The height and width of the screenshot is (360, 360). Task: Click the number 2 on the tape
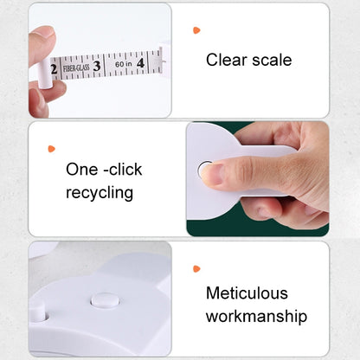pos(54,69)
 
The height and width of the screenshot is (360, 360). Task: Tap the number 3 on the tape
pos(97,66)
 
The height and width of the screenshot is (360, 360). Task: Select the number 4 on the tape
pos(140,63)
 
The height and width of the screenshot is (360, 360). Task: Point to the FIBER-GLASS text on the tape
pos(76,68)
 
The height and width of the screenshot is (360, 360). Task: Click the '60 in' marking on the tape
pos(124,64)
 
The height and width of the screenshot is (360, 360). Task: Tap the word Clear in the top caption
pos(227,60)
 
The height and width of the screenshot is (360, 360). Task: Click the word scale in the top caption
pos(272,60)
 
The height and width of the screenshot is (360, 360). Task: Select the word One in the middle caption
pos(81,170)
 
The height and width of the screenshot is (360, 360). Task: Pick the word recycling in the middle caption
pos(100,193)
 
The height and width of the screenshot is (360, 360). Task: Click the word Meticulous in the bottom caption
pos(247,293)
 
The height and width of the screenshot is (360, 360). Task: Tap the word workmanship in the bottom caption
pos(256,317)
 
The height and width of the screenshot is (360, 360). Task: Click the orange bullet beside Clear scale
pos(196,30)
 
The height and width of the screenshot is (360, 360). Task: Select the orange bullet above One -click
pos(51,149)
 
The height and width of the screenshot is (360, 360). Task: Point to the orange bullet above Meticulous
pos(196,269)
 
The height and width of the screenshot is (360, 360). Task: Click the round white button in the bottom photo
pos(105,301)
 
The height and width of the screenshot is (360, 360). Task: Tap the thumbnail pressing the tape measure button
pos(212,173)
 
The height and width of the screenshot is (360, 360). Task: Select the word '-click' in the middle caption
pos(123,170)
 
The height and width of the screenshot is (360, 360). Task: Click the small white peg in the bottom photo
pos(38,312)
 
